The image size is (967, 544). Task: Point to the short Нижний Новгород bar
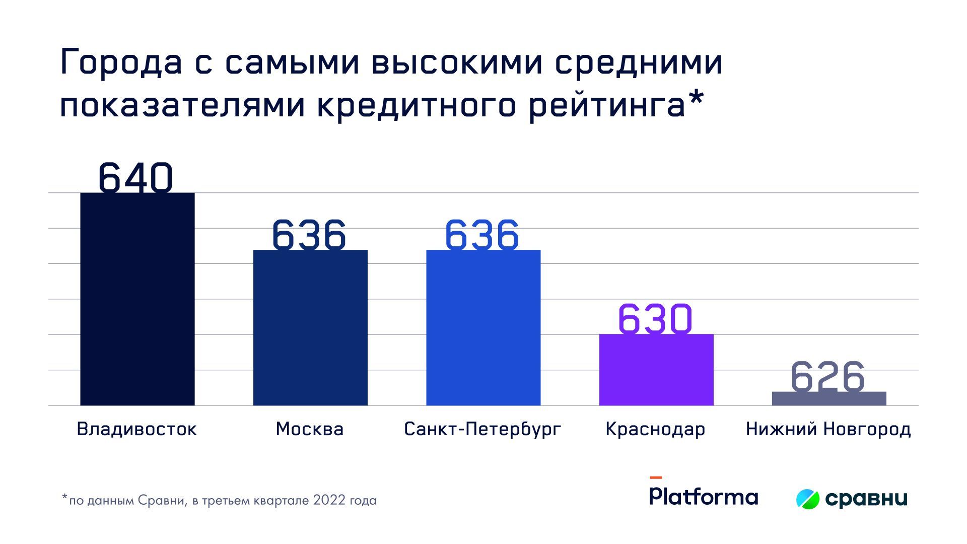point(829,398)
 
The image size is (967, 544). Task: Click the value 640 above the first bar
point(135,177)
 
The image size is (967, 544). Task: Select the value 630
point(655,319)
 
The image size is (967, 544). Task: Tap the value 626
point(827,376)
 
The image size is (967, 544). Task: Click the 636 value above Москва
point(309,235)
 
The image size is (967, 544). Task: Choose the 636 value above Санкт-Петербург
point(481,235)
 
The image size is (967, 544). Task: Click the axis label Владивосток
point(136,429)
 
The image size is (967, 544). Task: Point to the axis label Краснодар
point(655,429)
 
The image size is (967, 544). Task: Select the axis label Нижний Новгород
point(828,429)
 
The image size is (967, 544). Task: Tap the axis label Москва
point(310,429)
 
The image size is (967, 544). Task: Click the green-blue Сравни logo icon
point(808,499)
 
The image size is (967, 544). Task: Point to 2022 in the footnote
point(329,500)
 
